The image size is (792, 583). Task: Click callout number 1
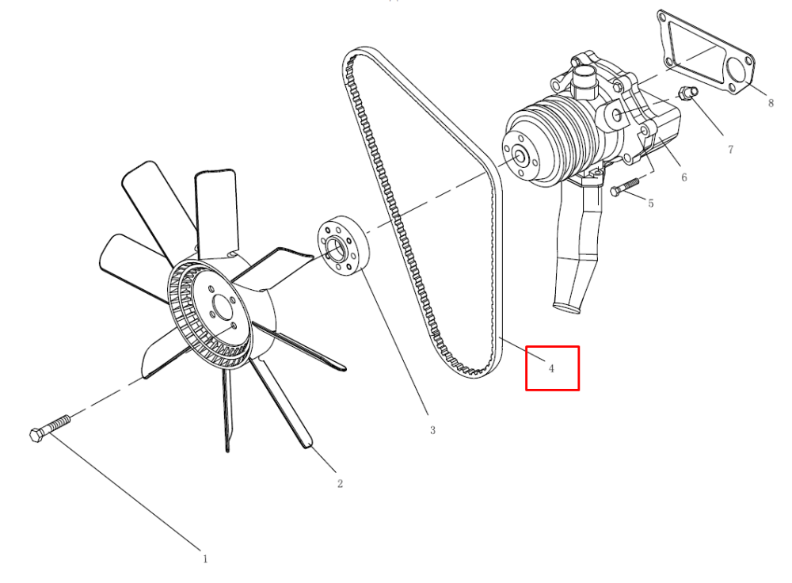coord(205,558)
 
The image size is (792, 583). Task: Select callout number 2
coord(340,483)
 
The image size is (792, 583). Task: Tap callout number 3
coord(432,430)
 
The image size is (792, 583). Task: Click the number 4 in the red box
coord(551,368)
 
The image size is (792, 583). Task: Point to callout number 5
coord(650,203)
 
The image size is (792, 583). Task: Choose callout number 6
coord(684,177)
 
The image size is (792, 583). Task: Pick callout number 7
coord(730,149)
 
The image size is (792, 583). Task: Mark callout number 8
coord(771,103)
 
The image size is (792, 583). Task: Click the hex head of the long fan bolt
coord(37,434)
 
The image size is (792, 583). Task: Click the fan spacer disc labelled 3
coord(344,246)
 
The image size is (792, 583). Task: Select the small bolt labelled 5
coord(624,186)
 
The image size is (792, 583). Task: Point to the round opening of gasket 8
coord(737,71)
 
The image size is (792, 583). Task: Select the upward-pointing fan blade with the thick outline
coord(216,212)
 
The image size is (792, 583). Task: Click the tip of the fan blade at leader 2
coord(308,446)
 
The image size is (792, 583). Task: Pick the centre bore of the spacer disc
coord(335,248)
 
